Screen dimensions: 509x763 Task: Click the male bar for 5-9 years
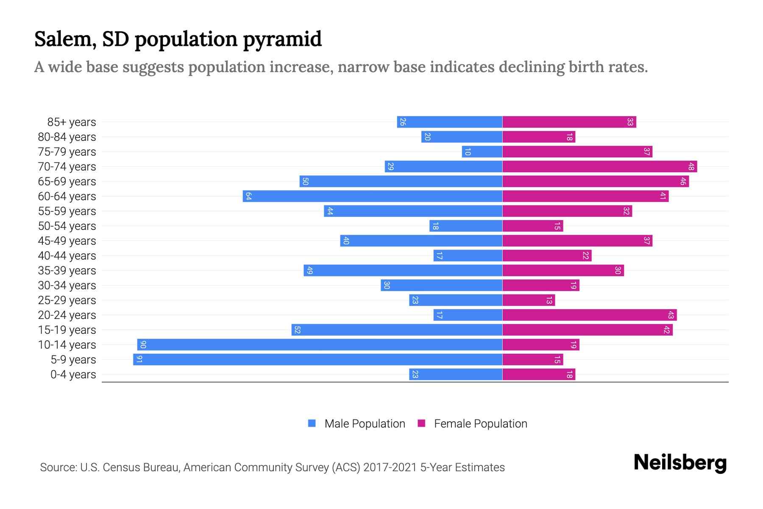pyautogui.click(x=318, y=360)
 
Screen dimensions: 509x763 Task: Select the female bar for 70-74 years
pyautogui.click(x=599, y=167)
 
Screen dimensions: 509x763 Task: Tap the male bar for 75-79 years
pyautogui.click(x=482, y=152)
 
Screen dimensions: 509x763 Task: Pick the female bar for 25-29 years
pyautogui.click(x=529, y=300)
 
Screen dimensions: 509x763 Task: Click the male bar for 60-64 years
pyautogui.click(x=373, y=196)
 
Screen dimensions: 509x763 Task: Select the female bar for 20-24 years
pyautogui.click(x=589, y=315)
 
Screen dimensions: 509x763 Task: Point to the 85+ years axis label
pyautogui.click(x=72, y=122)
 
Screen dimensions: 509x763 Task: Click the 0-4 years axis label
pyautogui.click(x=73, y=375)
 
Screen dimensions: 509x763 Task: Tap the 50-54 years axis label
pyautogui.click(x=67, y=226)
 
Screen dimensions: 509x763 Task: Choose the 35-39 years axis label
pyautogui.click(x=67, y=271)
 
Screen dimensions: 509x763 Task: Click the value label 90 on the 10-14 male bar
pyautogui.click(x=143, y=345)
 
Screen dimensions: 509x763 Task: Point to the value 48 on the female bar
pyautogui.click(x=691, y=167)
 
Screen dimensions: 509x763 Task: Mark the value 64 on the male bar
pyautogui.click(x=248, y=196)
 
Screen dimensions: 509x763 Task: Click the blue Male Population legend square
pyautogui.click(x=312, y=423)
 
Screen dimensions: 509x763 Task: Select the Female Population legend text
pyautogui.click(x=480, y=424)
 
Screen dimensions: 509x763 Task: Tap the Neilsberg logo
pyautogui.click(x=680, y=463)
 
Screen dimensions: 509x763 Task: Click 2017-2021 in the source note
pyautogui.click(x=390, y=467)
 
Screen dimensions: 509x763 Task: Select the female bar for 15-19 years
pyautogui.click(x=587, y=330)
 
